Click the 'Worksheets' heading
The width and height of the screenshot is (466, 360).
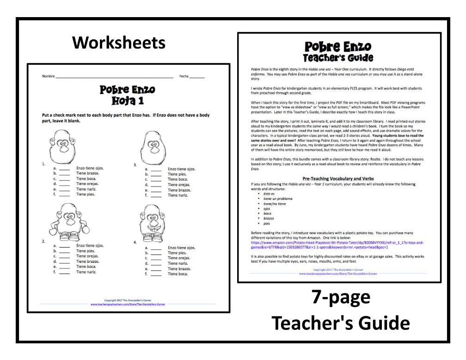(119, 43)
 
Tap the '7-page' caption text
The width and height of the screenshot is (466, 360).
(340, 298)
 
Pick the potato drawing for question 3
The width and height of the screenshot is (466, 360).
(150, 146)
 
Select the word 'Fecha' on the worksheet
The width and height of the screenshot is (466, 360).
(184, 76)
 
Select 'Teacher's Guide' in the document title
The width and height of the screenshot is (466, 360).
(337, 58)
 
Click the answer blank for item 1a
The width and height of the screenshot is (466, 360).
(64, 168)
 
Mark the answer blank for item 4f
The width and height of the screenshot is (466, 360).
(156, 274)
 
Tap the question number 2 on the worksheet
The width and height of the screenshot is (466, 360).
(43, 242)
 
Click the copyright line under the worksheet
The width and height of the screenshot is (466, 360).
(127, 300)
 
